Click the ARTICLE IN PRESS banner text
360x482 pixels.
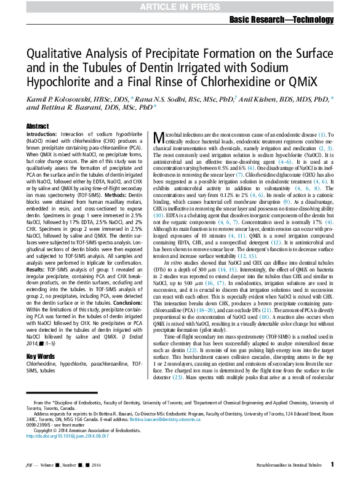pyautogui.click(x=180, y=6)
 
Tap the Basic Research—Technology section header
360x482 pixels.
pyautogui.click(x=281, y=20)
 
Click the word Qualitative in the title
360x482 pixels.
pyautogui.click(x=54, y=54)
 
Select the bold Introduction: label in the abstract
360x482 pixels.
pyautogui.click(x=41, y=134)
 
